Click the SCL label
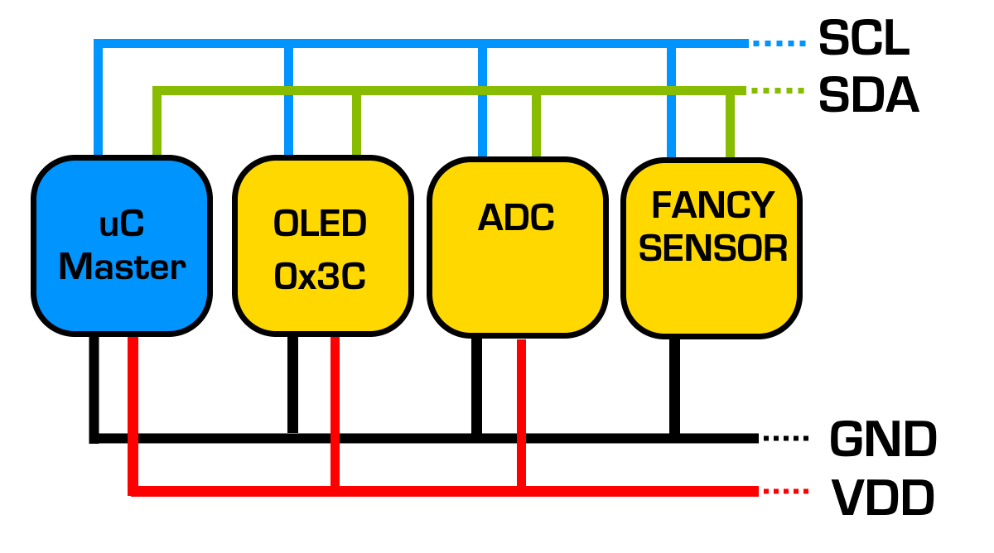863,39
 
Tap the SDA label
868,96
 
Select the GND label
882,439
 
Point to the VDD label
882,498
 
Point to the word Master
122,267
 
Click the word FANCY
712,204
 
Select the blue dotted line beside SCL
779,42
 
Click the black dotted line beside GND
784,437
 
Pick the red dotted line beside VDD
784,492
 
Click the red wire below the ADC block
521,414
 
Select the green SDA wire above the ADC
536,124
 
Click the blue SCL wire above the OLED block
289,99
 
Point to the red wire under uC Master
133,414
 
